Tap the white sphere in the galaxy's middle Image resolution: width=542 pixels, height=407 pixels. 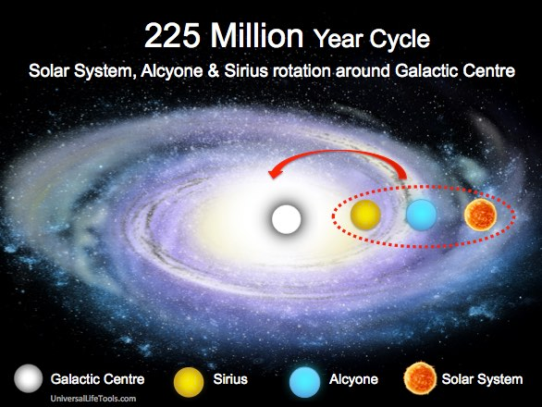pyautogui.click(x=286, y=220)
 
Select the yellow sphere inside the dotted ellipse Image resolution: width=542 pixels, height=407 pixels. pyautogui.click(x=366, y=216)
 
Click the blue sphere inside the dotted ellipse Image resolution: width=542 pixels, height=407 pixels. pyautogui.click(x=421, y=216)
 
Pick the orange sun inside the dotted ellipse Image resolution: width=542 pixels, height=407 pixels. pyautogui.click(x=480, y=215)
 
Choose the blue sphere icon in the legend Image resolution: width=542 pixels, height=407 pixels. pyautogui.click(x=304, y=378)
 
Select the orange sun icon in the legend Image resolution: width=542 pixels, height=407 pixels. pyautogui.click(x=421, y=378)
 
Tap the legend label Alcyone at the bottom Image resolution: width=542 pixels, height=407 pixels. pyautogui.click(x=352, y=379)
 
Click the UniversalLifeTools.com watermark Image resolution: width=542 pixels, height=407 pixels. pyautogui.click(x=94, y=399)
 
